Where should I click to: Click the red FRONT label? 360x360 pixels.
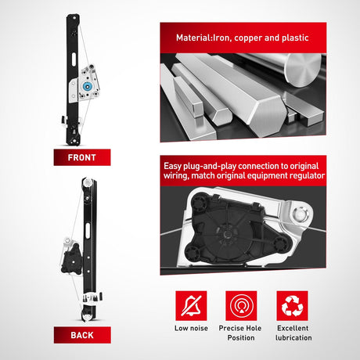click(82, 157)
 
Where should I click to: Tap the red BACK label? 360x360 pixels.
click(82, 335)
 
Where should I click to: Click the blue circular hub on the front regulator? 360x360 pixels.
click(87, 86)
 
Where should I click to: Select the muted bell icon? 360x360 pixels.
click(191, 306)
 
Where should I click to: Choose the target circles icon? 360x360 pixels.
click(241, 306)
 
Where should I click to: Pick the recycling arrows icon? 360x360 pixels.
click(293, 306)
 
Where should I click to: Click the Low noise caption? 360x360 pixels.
click(191, 328)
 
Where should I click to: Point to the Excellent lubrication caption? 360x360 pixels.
click(293, 333)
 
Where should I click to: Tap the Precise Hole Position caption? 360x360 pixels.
click(240, 333)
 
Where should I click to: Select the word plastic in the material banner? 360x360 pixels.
click(295, 38)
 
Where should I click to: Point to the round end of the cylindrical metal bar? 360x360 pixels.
click(304, 70)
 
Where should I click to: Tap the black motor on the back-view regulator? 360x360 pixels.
click(71, 259)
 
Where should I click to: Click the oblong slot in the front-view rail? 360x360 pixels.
click(74, 60)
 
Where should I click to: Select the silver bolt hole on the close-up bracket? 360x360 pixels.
click(301, 214)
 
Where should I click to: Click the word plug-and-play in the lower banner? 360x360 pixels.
click(210, 166)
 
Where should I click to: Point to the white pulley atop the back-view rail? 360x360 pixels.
click(87, 182)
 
